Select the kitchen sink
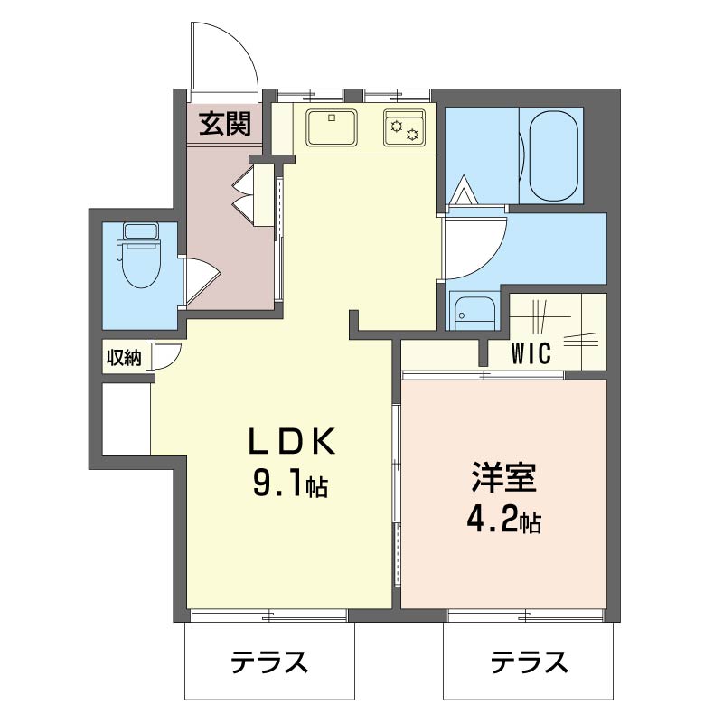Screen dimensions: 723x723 click(331, 127)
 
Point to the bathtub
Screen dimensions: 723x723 click(554, 155)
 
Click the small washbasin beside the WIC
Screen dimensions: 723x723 click(474, 311)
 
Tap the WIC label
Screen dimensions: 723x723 click(531, 353)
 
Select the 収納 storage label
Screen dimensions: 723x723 click(124, 357)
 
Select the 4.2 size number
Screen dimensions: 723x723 click(493, 521)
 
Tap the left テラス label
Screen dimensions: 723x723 click(269, 663)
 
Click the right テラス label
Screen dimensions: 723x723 click(529, 663)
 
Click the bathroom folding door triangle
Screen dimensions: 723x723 click(466, 192)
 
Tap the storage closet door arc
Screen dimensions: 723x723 click(168, 358)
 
